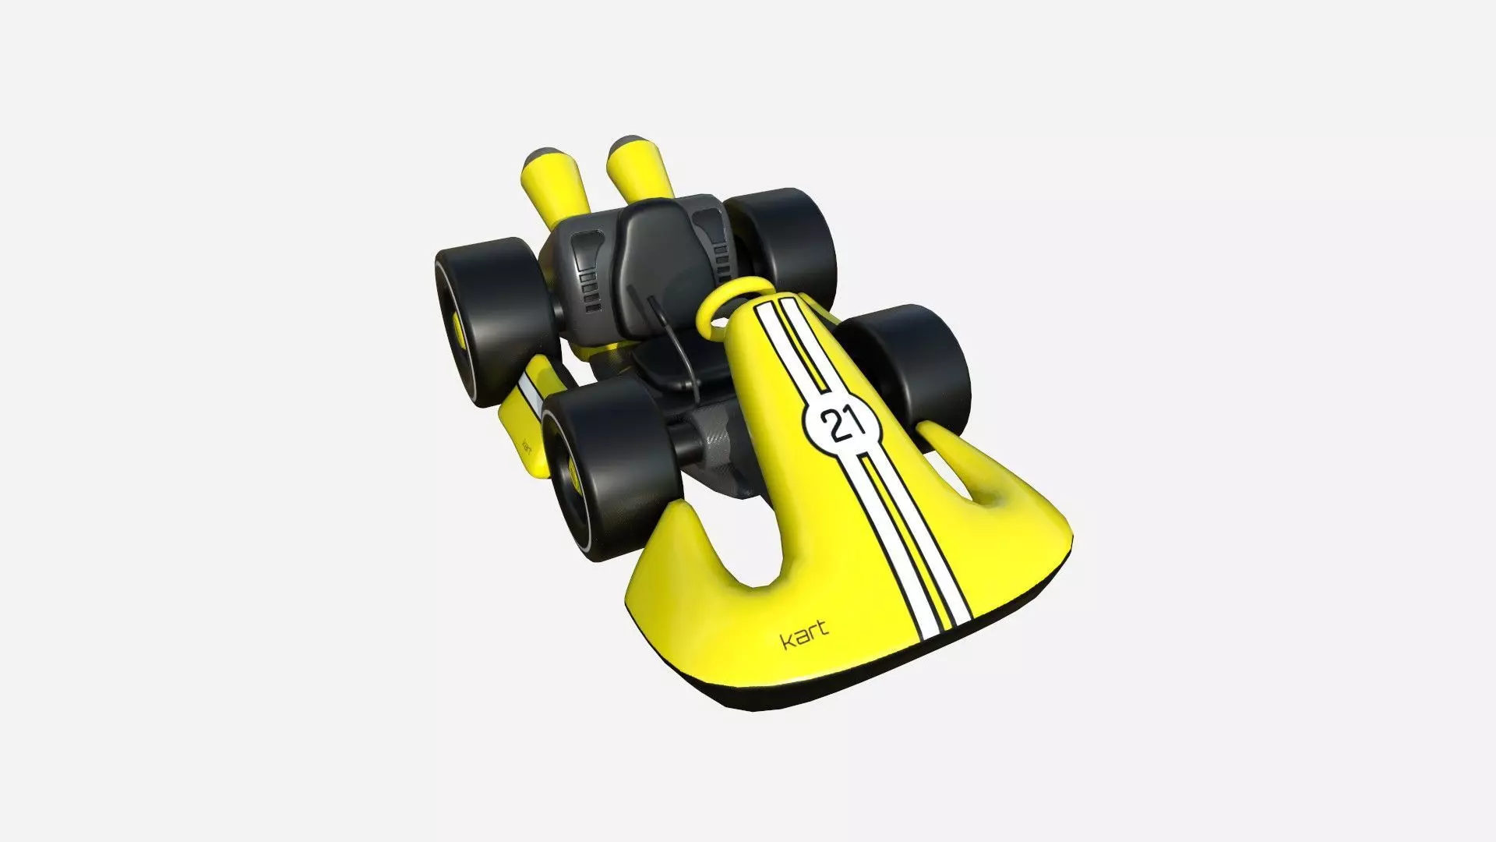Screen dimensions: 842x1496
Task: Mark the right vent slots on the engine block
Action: [711, 234]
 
